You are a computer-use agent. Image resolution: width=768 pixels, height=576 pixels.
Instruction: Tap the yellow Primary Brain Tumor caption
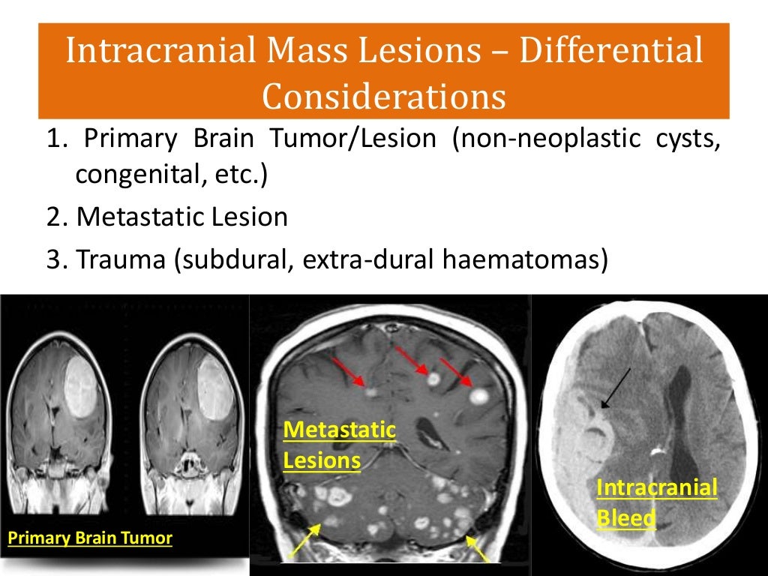click(89, 538)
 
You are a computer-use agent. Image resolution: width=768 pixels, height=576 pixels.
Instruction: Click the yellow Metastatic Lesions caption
click(338, 444)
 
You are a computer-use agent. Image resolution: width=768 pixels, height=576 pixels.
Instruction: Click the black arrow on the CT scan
click(616, 388)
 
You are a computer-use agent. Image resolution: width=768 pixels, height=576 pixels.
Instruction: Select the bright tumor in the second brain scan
click(213, 387)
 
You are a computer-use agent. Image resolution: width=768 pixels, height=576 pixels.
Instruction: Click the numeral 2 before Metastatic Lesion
click(54, 217)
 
